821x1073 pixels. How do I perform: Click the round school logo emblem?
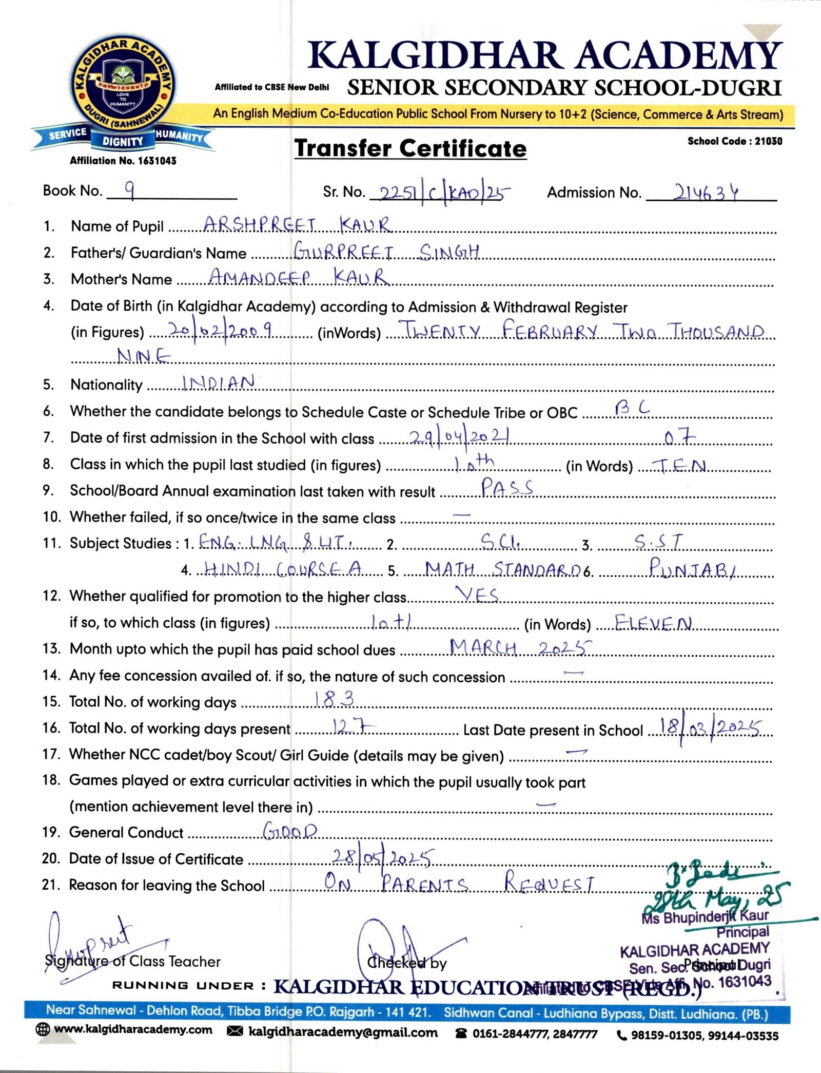point(123,86)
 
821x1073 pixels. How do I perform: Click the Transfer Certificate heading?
point(410,149)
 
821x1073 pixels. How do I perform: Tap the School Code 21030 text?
point(734,141)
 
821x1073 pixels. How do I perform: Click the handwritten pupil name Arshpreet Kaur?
point(297,225)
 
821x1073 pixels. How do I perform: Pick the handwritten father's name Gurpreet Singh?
point(386,252)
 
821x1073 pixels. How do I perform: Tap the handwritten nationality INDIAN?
point(219,382)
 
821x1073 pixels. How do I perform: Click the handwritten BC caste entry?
point(632,408)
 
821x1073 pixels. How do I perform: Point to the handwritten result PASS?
point(507,487)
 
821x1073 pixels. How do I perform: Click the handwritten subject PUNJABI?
point(692,568)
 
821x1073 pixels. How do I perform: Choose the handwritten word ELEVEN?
point(653,623)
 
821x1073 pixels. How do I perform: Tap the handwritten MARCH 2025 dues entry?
point(520,648)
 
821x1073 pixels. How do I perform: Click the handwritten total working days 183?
point(334,699)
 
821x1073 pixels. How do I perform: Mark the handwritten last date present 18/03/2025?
point(710,727)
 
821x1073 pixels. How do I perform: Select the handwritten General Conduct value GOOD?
point(290,831)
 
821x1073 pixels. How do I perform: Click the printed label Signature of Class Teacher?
point(132,961)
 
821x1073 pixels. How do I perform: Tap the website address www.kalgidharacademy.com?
point(132,1030)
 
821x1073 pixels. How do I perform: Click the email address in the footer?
point(342,1032)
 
